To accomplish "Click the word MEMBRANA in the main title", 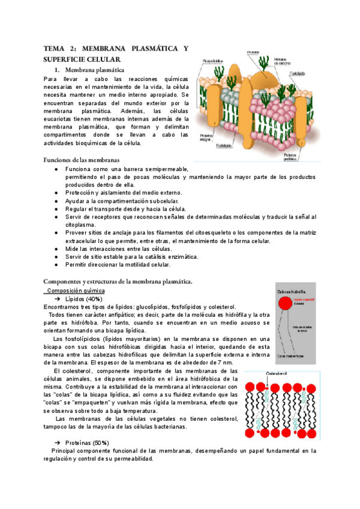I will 103,48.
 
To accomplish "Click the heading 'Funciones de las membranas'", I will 81,160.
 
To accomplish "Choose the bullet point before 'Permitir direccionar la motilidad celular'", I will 56,264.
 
